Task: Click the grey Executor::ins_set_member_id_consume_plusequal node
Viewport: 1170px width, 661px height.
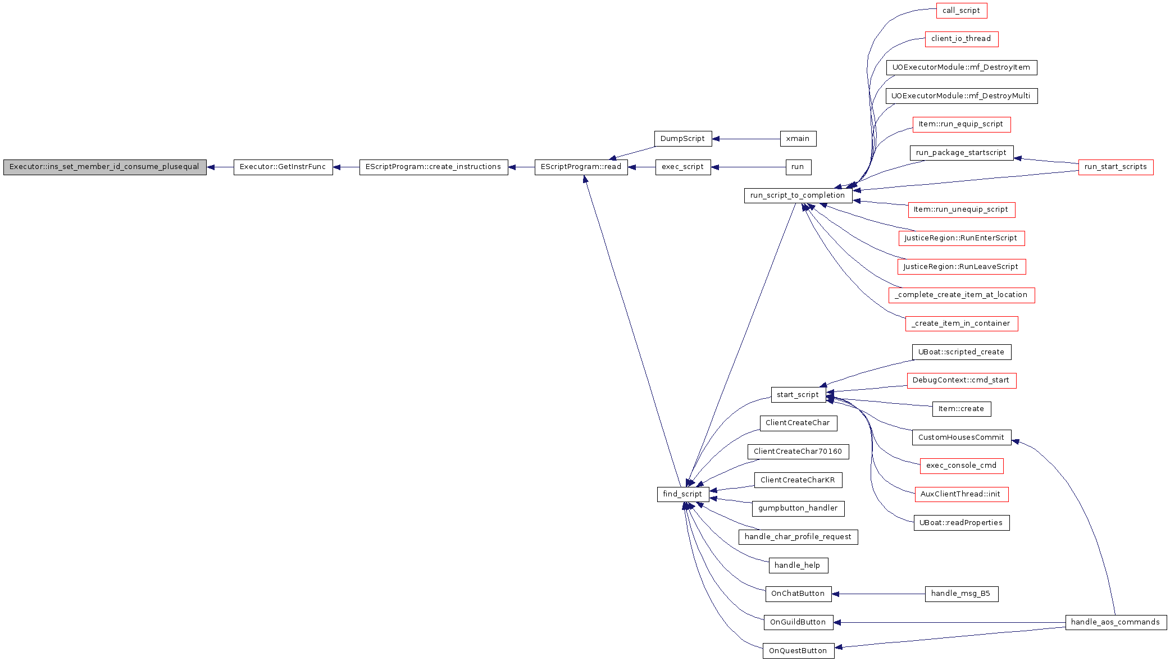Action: tap(105, 167)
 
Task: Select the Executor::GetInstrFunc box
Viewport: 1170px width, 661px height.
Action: tap(283, 167)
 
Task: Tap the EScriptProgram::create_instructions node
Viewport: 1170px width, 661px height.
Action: tap(434, 167)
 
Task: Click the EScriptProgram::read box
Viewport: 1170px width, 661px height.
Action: tap(581, 167)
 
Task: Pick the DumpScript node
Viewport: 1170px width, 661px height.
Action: tap(683, 139)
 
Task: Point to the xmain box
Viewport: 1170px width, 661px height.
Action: tap(798, 139)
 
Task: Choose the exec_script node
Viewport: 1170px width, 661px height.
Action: tap(683, 167)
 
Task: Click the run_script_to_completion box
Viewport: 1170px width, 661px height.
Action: tap(798, 195)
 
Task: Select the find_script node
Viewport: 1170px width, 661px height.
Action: tap(683, 494)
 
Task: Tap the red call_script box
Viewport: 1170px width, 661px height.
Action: tap(962, 11)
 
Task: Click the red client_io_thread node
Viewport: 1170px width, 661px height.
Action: tap(962, 39)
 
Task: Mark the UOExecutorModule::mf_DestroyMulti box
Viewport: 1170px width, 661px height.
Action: tap(962, 96)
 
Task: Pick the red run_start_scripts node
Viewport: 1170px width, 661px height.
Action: tap(1116, 167)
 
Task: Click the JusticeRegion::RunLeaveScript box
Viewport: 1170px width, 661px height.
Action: tap(962, 267)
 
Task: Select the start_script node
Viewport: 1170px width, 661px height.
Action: tap(798, 395)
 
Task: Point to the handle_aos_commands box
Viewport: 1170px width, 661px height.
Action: tap(1116, 622)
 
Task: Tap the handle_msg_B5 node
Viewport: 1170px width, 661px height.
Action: tap(962, 594)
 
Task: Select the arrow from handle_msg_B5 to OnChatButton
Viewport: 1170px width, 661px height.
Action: tap(878, 594)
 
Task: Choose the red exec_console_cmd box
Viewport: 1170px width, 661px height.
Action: tap(962, 466)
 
